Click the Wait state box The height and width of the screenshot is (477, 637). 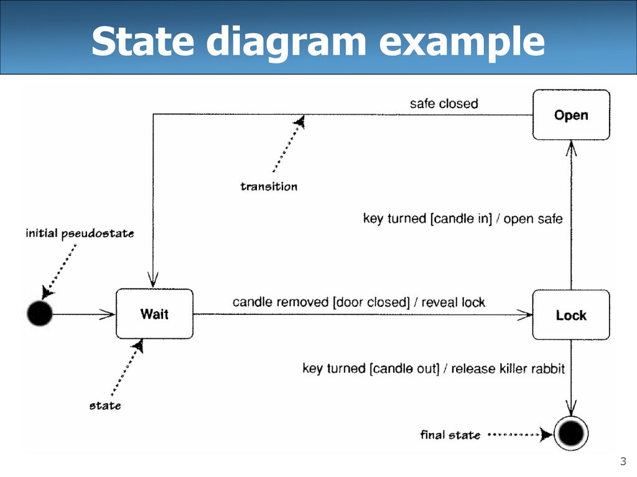click(154, 314)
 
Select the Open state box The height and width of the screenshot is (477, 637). click(571, 115)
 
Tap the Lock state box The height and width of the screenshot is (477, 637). click(571, 315)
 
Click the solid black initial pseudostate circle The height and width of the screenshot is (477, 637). click(40, 314)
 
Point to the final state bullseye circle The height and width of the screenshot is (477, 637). click(571, 433)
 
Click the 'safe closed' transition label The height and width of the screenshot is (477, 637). click(444, 104)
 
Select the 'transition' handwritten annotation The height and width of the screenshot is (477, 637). click(269, 186)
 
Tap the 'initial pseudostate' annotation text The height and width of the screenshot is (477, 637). click(80, 234)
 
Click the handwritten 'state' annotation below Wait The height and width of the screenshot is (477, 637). click(105, 406)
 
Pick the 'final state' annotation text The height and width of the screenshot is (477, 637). click(450, 435)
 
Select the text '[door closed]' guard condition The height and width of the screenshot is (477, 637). click(371, 302)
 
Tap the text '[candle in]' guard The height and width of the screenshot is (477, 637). click(461, 219)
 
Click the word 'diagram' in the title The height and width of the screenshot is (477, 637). click(286, 42)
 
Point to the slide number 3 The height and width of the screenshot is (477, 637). click(623, 461)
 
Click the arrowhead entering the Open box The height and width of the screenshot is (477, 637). click(571, 148)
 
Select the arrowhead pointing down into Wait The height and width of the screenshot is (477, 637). click(153, 280)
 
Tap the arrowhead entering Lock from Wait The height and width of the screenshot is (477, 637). click(524, 314)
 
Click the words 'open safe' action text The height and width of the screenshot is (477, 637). click(533, 219)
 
